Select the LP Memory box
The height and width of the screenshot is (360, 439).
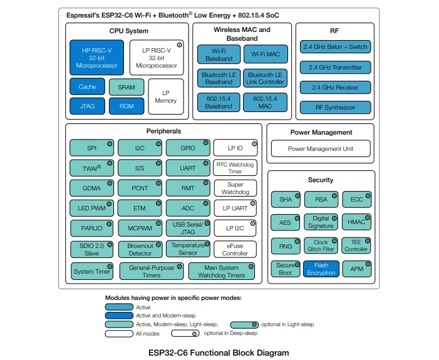tap(165, 96)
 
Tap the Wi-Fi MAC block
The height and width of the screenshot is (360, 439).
tap(265, 54)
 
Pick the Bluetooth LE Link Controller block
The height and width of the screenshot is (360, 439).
tap(265, 78)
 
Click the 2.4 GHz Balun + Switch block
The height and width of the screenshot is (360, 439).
tap(335, 47)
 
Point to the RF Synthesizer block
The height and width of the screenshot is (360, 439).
tap(335, 108)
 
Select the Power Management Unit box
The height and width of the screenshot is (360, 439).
tap(320, 149)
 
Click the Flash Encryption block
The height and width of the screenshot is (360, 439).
tap(321, 269)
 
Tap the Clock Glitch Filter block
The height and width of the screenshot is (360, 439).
tap(321, 245)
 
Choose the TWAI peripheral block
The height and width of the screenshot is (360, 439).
tap(92, 168)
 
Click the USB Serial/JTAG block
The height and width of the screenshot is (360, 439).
tap(188, 228)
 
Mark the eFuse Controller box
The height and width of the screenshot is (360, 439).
tap(235, 250)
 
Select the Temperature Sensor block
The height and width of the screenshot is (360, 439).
tap(188, 249)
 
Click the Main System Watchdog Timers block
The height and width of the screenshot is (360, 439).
tap(222, 272)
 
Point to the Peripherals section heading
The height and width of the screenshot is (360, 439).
tap(163, 131)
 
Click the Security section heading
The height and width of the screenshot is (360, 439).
tap(320, 180)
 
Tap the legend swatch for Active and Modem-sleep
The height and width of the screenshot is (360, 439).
tap(119, 316)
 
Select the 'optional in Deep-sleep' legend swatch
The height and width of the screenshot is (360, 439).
tap(189, 334)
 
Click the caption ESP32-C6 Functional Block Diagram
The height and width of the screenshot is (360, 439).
tap(219, 353)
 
